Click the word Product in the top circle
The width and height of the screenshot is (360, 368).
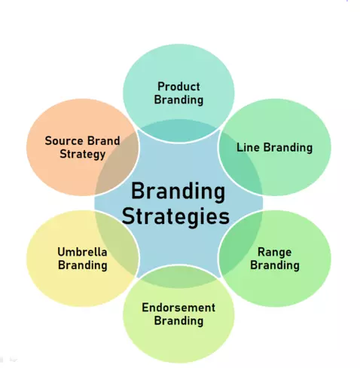pos(178,87)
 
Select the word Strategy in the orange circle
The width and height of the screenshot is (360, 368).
pos(83,155)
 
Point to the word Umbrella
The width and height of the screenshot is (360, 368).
pos(82,252)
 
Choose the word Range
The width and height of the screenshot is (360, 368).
pos(275,253)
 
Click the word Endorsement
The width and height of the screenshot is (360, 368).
pos(178,308)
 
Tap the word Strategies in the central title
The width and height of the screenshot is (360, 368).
pos(175,216)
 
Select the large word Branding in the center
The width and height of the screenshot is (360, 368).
pos(178,191)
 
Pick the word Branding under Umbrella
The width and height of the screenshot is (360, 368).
pos(83,265)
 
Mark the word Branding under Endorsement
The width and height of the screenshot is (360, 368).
pos(178,321)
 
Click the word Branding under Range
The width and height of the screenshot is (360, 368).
pos(275,265)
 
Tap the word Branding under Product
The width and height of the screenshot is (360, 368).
pos(178,100)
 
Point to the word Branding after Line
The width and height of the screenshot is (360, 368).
pos(288,148)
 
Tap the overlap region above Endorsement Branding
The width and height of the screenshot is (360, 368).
pos(178,277)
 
